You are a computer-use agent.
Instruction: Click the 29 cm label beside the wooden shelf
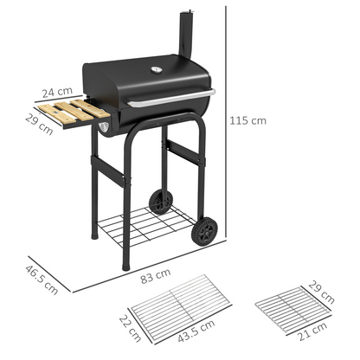pyautogui.click(x=39, y=124)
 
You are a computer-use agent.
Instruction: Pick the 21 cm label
pyautogui.click(x=307, y=335)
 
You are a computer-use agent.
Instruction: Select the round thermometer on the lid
pyautogui.click(x=158, y=71)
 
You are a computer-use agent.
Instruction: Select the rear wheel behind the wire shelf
pyautogui.click(x=159, y=202)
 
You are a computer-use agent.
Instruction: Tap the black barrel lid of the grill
pyautogui.click(x=147, y=78)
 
